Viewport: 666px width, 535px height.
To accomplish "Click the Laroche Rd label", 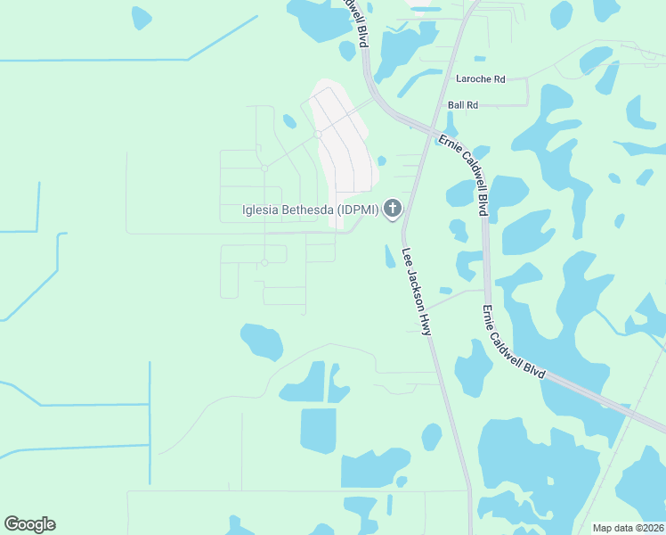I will [480, 79].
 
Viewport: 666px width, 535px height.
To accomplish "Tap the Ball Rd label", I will [463, 105].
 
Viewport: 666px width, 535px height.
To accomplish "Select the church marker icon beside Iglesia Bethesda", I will [392, 210].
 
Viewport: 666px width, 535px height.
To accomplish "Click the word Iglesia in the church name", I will [260, 210].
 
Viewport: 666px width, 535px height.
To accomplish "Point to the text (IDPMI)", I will [356, 210].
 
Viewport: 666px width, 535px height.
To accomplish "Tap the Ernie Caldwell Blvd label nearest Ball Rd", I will [463, 174].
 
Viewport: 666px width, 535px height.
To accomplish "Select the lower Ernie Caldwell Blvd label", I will [512, 344].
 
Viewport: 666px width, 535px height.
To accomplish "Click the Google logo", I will [29, 523].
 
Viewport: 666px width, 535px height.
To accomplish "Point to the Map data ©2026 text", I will [628, 528].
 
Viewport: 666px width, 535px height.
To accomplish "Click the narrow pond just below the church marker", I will [389, 256].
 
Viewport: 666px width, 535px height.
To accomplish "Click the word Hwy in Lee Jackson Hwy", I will [426, 323].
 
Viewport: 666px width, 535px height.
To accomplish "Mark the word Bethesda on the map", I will [308, 210].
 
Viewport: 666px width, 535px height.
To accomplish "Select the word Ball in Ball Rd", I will [457, 105].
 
